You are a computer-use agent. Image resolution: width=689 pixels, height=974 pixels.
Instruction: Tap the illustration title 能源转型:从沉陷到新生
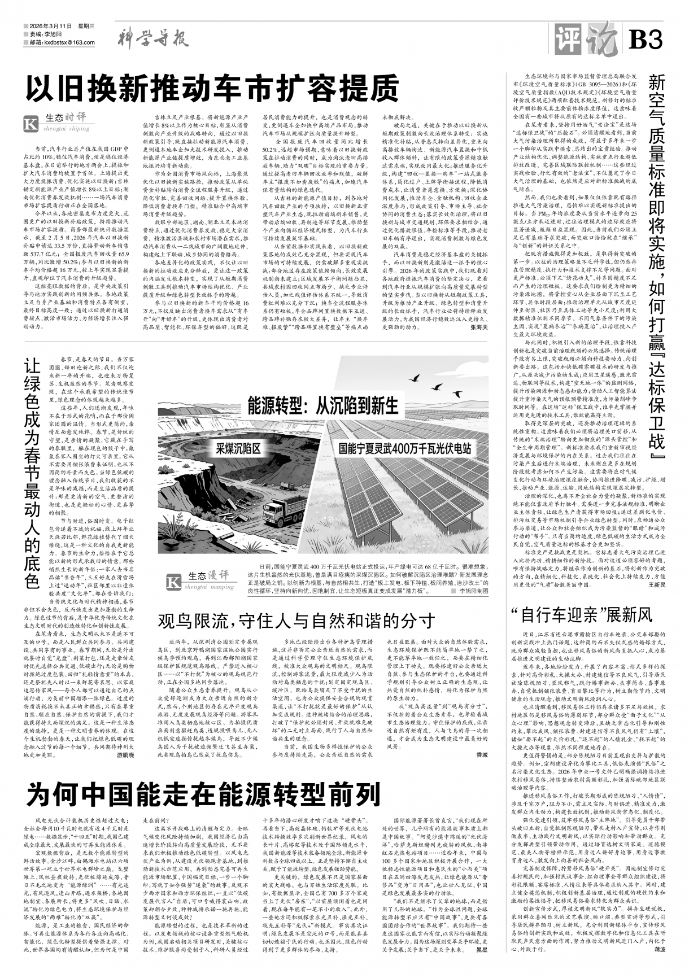[x=322, y=405]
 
